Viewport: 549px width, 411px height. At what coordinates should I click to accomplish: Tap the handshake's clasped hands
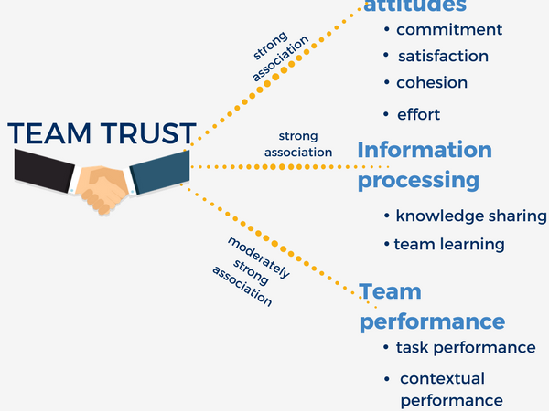tap(102, 187)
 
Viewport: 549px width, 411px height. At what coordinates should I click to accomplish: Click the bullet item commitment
tap(449, 29)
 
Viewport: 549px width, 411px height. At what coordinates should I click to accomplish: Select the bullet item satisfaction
tap(443, 56)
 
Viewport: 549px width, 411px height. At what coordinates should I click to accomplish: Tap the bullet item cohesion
tap(432, 82)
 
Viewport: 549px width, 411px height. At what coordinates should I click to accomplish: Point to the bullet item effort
tap(418, 114)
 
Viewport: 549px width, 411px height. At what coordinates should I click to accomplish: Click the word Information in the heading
tap(425, 150)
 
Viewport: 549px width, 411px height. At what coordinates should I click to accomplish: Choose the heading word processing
tap(418, 180)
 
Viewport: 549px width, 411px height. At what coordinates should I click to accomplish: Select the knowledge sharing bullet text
tap(471, 216)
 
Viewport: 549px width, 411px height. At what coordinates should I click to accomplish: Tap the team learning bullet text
tap(449, 244)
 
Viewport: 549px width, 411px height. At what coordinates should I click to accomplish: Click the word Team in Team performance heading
tap(391, 292)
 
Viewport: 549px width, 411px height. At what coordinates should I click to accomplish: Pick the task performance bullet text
tap(466, 347)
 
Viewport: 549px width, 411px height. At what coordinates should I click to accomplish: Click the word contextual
tap(443, 378)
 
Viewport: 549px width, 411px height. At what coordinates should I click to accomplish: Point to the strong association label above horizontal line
tap(298, 144)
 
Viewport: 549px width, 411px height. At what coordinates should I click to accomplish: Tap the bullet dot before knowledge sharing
tap(388, 217)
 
